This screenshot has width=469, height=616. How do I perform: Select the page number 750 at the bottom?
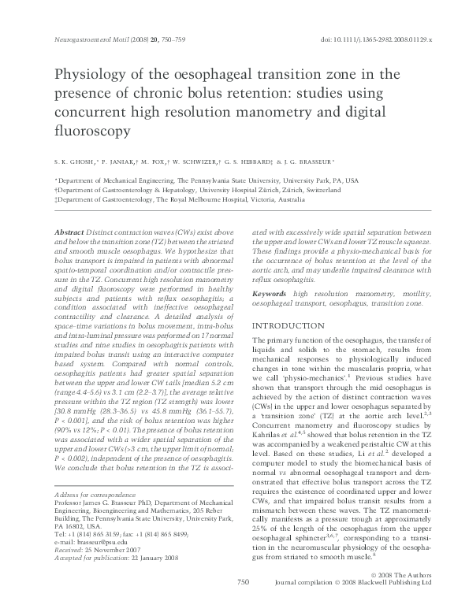click(242, 604)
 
